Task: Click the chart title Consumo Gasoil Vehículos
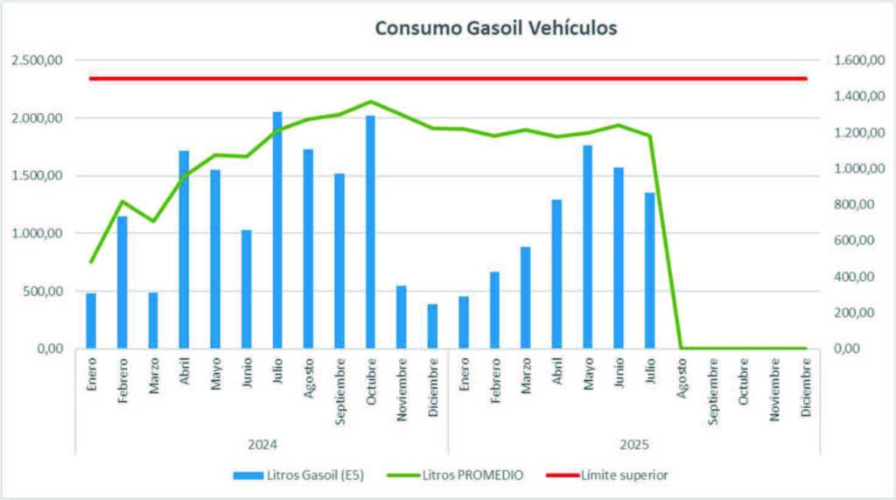(x=496, y=28)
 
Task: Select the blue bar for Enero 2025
(x=464, y=322)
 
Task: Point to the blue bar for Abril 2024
(x=184, y=250)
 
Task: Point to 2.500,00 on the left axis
(x=38, y=60)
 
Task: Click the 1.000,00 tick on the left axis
(x=38, y=234)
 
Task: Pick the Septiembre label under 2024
(x=339, y=390)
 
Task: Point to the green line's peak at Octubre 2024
(x=370, y=102)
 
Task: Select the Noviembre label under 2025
(x=774, y=390)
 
